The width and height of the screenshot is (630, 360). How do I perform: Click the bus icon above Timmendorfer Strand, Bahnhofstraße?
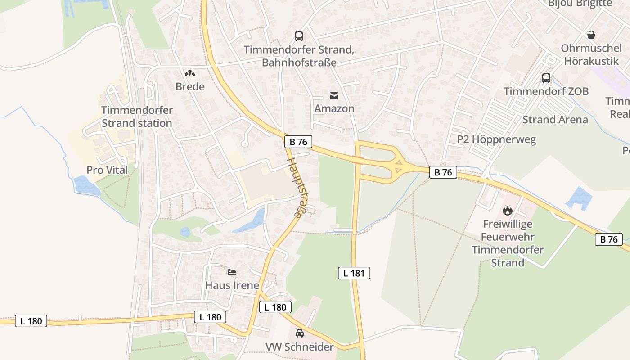298,36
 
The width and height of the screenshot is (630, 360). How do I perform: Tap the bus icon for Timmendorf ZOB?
546,78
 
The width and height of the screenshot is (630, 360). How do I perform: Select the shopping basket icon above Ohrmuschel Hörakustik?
591,35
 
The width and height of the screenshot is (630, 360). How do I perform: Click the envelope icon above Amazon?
334,95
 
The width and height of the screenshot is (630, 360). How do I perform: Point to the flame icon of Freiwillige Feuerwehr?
508,210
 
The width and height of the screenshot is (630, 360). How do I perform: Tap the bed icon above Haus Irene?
232,272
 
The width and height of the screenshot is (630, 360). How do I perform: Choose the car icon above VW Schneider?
299,333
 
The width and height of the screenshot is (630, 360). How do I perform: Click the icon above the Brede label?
190,73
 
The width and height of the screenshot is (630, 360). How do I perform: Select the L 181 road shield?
354,273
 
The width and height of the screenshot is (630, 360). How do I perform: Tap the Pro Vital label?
107,170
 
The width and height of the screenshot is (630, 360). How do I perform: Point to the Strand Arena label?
555,120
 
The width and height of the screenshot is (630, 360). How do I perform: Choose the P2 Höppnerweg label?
496,139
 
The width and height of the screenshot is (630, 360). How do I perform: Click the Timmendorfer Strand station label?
137,117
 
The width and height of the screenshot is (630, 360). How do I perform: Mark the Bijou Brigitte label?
580,4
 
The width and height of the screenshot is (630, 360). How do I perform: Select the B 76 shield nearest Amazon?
298,142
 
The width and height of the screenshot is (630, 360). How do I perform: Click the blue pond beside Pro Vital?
86,186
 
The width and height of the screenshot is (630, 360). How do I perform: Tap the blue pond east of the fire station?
579,198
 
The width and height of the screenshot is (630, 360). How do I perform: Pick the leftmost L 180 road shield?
31,321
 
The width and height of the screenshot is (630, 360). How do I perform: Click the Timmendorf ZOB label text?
546,91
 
